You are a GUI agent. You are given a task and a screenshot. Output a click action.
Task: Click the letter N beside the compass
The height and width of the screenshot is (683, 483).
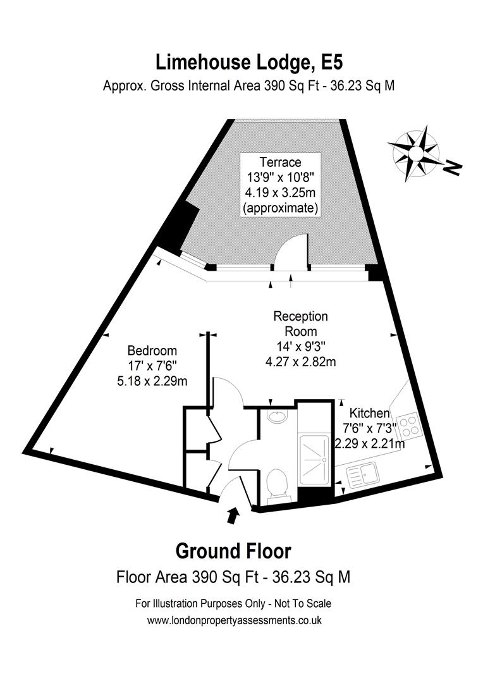[x=452, y=168]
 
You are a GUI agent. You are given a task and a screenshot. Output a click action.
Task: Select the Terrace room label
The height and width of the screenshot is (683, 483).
[x=279, y=163]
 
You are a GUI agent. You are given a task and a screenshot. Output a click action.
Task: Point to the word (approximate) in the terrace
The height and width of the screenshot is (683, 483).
[x=279, y=207]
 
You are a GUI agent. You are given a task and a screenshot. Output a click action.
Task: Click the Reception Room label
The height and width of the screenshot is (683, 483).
[x=300, y=323]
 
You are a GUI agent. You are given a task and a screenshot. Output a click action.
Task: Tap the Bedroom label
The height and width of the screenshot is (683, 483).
[x=152, y=350]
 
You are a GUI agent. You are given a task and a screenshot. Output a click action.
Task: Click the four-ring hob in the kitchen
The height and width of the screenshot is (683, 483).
[x=409, y=424]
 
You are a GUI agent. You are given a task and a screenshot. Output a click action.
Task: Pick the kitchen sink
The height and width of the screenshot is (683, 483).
[x=362, y=474]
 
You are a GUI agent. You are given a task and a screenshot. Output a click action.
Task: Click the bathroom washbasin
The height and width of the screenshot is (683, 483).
[x=276, y=416]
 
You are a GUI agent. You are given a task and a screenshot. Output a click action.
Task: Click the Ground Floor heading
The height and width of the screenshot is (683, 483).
[x=233, y=551]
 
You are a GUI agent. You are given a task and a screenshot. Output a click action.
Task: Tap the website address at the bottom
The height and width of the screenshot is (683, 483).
[x=234, y=620]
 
